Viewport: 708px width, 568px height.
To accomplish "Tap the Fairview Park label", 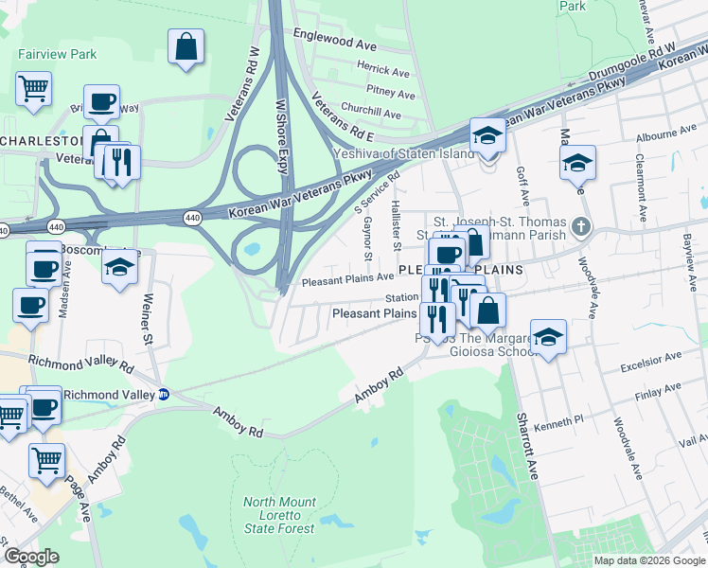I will (57, 54).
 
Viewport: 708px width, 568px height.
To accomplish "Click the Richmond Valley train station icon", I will (163, 394).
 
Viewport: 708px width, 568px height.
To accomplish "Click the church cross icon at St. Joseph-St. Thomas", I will (580, 227).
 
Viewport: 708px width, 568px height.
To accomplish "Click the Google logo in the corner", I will (31, 556).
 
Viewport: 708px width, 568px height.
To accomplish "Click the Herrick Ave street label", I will (382, 71).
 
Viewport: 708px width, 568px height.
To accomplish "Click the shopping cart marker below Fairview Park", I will (33, 90).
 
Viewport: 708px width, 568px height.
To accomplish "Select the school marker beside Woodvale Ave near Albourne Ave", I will (577, 163).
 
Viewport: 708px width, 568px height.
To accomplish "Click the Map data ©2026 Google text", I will (650, 559).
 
